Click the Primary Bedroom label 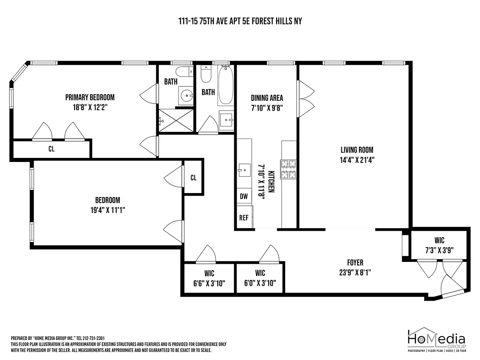[x=90, y=97]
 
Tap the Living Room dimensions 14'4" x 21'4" [x=357, y=159]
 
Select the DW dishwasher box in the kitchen [x=244, y=196]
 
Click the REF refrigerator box [x=244, y=218]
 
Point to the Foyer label [x=355, y=263]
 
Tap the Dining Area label [x=267, y=98]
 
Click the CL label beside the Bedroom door [x=193, y=178]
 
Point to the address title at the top [x=240, y=21]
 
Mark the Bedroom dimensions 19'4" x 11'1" [x=107, y=209]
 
